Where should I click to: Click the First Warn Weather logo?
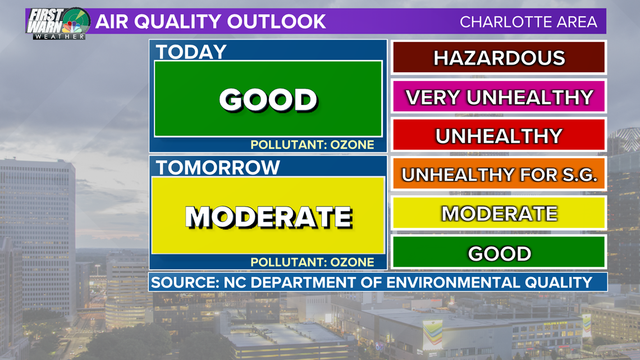point(58,24)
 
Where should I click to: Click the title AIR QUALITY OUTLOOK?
point(211,22)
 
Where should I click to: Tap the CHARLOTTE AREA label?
point(529,22)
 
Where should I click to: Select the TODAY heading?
point(191,52)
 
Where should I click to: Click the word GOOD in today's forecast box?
point(268,99)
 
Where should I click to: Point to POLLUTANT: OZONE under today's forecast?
point(312,145)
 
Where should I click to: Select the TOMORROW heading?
point(218,167)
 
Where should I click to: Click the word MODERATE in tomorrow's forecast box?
point(268,217)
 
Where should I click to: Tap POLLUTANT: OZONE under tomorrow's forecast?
point(312,262)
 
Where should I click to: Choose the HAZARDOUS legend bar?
point(499,57)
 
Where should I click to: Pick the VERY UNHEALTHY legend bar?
point(499,97)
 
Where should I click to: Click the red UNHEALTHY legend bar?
point(499,135)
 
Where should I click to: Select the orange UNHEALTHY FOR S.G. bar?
point(499,174)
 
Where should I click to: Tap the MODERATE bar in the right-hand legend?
point(499,213)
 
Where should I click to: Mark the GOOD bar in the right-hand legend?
point(499,252)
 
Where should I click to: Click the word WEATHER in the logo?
point(60,37)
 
